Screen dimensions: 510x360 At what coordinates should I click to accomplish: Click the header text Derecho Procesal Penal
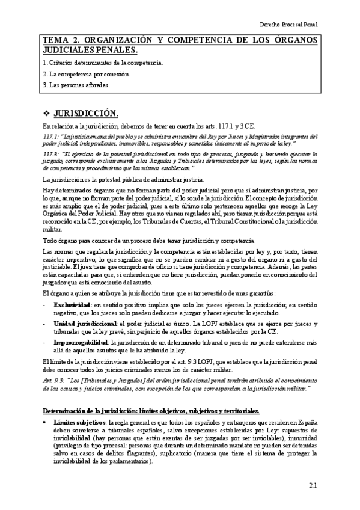(x=288, y=26)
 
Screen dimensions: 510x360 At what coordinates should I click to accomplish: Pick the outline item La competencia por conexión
(x=88, y=74)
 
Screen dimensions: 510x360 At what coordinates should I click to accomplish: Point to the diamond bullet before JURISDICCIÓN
(x=47, y=114)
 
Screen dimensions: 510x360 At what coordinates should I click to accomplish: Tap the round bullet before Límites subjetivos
(x=46, y=423)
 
